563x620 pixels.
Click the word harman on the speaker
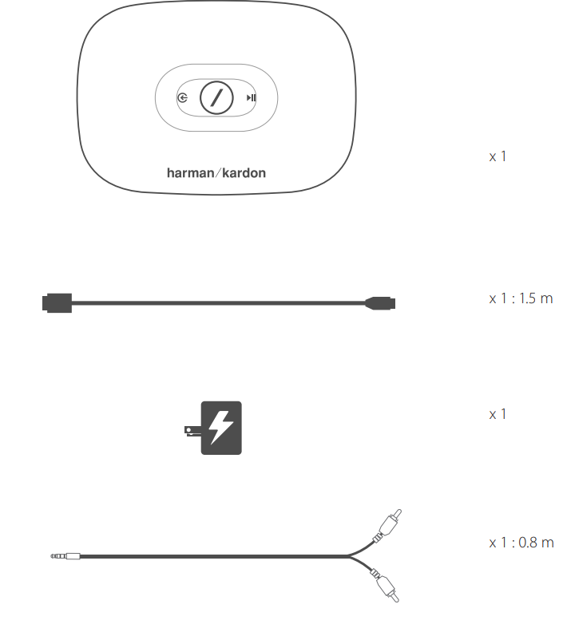coord(190,173)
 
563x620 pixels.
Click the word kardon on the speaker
coord(244,173)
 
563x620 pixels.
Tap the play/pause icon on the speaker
coord(252,97)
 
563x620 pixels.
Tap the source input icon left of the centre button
coord(182,97)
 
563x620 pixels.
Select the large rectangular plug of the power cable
coord(57,303)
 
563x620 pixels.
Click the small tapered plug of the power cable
coord(380,303)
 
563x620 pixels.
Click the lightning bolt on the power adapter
coord(220,428)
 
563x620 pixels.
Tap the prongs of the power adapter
coord(193,431)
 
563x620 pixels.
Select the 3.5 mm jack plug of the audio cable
coord(65,556)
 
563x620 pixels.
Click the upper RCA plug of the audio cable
coord(389,525)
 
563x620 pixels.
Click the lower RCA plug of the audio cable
coord(386,586)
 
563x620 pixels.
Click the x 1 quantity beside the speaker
coord(498,156)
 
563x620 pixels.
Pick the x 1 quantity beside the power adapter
coord(498,414)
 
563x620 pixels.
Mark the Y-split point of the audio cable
coord(348,556)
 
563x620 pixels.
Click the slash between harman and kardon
coord(218,173)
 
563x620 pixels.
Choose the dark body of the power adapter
coord(221,428)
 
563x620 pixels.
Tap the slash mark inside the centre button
coord(216,97)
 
